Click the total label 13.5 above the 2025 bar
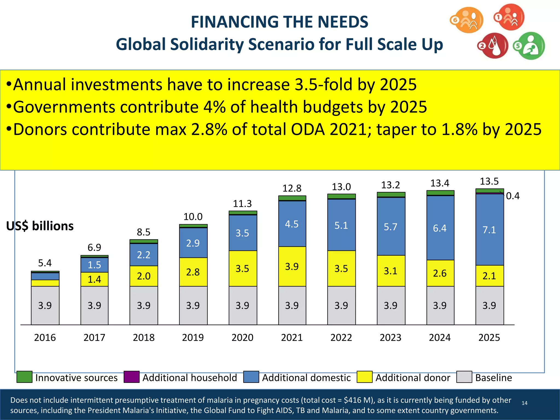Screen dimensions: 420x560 point(489,181)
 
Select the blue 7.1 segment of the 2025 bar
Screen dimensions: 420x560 point(489,230)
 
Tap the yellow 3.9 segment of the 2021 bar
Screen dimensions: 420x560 point(292,266)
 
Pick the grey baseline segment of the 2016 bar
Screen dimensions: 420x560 point(45,305)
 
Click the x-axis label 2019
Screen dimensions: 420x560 point(193,337)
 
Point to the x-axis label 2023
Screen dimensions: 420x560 point(390,337)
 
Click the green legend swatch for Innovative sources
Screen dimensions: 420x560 point(24,377)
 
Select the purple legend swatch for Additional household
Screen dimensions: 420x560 point(132,377)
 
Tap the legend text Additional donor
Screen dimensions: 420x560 point(413,378)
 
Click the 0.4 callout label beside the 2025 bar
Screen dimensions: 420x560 point(513,196)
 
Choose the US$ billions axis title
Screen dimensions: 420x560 point(40,226)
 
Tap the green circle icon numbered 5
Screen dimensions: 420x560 point(529,46)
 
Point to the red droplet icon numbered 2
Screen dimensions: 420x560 point(493,46)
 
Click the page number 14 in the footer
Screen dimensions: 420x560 point(524,403)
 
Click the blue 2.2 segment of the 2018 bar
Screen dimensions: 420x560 point(144,255)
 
